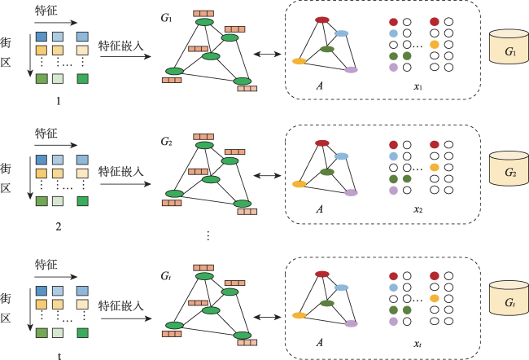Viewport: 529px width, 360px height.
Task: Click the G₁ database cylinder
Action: pyautogui.click(x=509, y=46)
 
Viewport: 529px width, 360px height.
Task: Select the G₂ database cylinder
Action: pyautogui.click(x=509, y=168)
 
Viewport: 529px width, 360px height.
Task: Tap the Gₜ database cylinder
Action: pyautogui.click(x=509, y=298)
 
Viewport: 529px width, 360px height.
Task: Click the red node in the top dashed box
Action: pyautogui.click(x=322, y=20)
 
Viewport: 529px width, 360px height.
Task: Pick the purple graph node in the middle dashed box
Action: pyautogui.click(x=351, y=192)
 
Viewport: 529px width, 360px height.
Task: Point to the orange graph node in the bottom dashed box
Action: pyautogui.click(x=299, y=315)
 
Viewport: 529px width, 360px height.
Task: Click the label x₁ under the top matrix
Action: pyautogui.click(x=418, y=86)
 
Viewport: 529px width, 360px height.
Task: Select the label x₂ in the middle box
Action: pyautogui.click(x=418, y=209)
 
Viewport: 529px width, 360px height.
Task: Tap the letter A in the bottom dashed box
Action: pyautogui.click(x=320, y=342)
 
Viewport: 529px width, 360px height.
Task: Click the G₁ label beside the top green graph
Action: pyautogui.click(x=166, y=17)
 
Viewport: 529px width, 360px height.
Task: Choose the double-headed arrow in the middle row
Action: pyautogui.click(x=267, y=176)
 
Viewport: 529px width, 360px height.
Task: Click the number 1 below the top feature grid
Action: pyautogui.click(x=59, y=101)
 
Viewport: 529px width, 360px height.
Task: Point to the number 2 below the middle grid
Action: pyautogui.click(x=59, y=226)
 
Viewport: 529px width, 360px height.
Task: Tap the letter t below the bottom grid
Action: pyautogui.click(x=59, y=356)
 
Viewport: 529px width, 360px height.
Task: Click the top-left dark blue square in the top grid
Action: pyautogui.click(x=42, y=37)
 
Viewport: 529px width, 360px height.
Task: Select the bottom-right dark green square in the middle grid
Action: pyautogui.click(x=83, y=201)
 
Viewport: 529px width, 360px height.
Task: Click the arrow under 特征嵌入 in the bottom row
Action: pyautogui.click(x=126, y=318)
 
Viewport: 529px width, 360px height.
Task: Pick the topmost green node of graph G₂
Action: pyautogui.click(x=204, y=145)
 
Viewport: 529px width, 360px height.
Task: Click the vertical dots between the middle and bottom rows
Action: pyautogui.click(x=208, y=235)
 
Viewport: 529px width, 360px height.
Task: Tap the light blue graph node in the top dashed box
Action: pyautogui.click(x=342, y=33)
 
